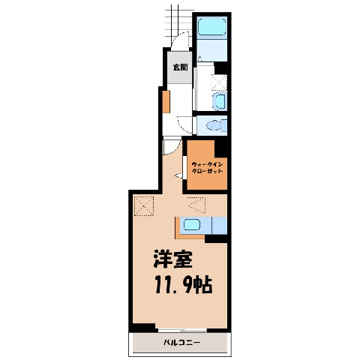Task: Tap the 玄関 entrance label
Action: tap(181, 67)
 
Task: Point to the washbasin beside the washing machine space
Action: tap(220, 101)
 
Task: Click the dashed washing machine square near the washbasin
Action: tap(219, 82)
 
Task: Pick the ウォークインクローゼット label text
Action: tap(207, 168)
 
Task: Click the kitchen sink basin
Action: tap(192, 224)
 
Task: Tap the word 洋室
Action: tap(173, 259)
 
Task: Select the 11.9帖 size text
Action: tap(184, 285)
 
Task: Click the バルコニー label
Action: tap(181, 343)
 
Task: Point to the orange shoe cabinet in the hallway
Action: tap(166, 102)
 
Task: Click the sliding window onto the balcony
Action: tap(183, 330)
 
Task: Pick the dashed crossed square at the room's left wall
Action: tap(144, 206)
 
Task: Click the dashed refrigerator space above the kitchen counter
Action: tap(197, 205)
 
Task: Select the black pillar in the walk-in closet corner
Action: tap(220, 148)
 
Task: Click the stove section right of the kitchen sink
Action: tap(220, 226)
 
